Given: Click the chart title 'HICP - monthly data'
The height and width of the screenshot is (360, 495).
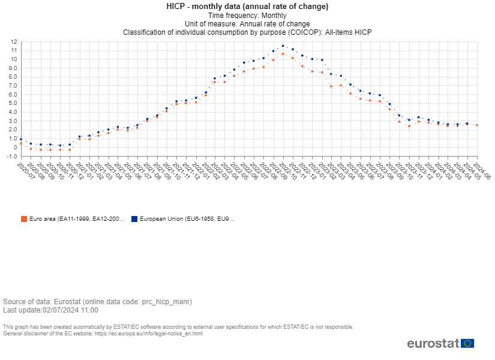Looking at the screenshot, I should tap(247, 7).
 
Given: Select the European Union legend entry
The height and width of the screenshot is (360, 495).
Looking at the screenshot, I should tap(187, 219).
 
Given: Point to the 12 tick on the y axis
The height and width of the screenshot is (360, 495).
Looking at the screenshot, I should tap(13, 42).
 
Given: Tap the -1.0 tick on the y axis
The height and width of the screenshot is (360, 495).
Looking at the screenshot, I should tap(11, 156).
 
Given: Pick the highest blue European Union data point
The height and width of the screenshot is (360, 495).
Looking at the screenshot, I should tap(283, 46).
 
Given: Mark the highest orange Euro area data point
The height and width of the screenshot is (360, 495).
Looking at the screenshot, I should tap(283, 54).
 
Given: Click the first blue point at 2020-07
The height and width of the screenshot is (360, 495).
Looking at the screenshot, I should tap(21, 139).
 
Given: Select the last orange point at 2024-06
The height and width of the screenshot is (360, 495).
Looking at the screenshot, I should tap(476, 125).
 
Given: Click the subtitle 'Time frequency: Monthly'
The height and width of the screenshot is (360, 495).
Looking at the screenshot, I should tap(247, 15).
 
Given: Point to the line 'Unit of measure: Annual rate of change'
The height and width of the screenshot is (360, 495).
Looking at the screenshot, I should tap(247, 23).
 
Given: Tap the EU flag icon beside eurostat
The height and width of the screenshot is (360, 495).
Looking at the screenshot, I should tap(468, 343).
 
